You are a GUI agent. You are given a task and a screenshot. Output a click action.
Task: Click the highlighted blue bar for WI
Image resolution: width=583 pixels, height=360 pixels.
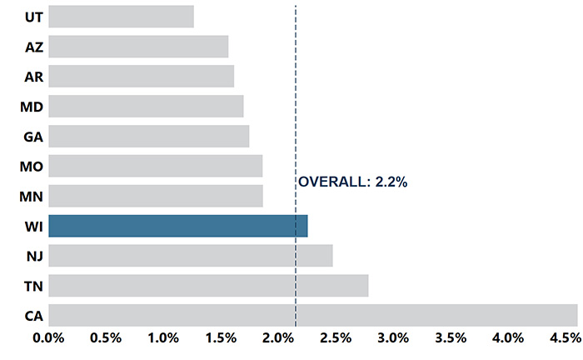coord(177,226)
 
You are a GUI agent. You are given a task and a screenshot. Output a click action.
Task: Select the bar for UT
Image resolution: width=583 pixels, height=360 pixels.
coord(121,17)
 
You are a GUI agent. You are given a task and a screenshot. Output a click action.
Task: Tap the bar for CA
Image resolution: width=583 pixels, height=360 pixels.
coord(312,315)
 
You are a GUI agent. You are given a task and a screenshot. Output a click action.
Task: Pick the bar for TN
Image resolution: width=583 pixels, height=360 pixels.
coord(208,286)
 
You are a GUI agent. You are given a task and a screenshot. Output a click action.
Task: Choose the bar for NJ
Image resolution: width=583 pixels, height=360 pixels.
coord(190,256)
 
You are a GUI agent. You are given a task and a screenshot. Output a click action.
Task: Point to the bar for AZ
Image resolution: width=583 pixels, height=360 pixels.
coord(138,47)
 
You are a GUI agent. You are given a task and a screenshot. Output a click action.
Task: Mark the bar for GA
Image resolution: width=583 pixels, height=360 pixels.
coord(148,136)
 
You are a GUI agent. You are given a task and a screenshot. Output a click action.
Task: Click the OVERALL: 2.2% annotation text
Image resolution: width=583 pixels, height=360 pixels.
coord(352,182)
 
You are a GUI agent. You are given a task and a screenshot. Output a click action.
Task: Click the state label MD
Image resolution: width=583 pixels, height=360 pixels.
coord(32,107)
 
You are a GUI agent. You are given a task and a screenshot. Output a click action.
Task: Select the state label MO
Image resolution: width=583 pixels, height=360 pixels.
coord(32,167)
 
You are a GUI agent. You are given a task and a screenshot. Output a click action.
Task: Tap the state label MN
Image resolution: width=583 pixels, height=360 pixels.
coord(32,197)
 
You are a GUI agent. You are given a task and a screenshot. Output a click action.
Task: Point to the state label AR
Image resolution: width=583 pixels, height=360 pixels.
coord(34,77)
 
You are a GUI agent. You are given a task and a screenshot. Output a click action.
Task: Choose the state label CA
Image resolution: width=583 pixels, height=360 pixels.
coord(34,316)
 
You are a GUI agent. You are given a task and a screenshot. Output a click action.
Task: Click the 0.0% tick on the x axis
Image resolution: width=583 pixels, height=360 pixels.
coord(48,338)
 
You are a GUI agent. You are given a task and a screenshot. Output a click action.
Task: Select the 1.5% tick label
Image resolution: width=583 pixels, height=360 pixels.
coord(221,338)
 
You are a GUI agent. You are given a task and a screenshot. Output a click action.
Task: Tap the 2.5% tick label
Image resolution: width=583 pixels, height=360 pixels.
coord(336,338)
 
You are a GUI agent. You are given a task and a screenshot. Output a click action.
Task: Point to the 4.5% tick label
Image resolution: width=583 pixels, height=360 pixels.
coord(565,338)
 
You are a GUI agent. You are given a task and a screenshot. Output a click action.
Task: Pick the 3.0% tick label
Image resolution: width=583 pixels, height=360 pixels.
coord(393,338)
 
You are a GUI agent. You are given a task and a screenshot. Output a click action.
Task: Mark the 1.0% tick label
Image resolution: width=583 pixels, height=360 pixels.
coord(163,338)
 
